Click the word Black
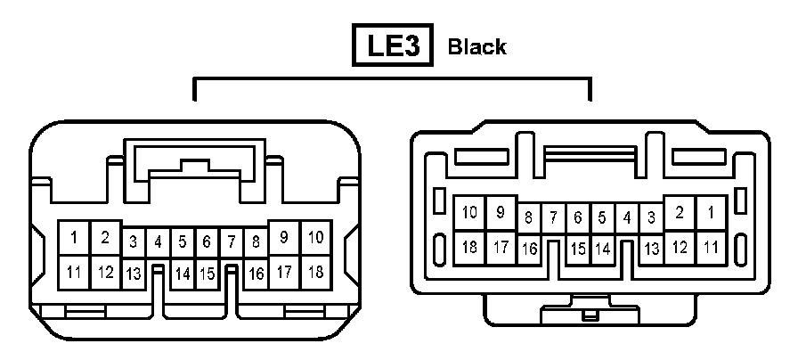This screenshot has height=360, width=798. coord(477,46)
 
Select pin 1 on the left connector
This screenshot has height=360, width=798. coord(74,238)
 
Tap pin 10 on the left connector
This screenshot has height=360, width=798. coord(314,238)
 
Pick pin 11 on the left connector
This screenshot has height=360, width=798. coord(74,271)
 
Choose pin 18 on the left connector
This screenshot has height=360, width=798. coord(314,271)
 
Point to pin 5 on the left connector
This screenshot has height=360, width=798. coord(182,241)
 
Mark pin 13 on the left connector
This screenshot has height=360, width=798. coord(134,273)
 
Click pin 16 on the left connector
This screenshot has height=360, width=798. coord(255,273)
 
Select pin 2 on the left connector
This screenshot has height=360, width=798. coord(105,238)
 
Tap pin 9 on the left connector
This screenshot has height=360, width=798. coord(284,238)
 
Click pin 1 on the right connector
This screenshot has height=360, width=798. coord(711,212)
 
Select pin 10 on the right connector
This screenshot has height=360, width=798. coord(469,212)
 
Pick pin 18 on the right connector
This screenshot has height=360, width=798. coord(469,246)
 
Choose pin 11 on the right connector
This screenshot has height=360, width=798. coord(711,246)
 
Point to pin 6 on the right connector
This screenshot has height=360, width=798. coord(577,217)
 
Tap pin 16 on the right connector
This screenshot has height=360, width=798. coord(529,248)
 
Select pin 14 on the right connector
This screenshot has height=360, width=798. coord(602,248)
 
